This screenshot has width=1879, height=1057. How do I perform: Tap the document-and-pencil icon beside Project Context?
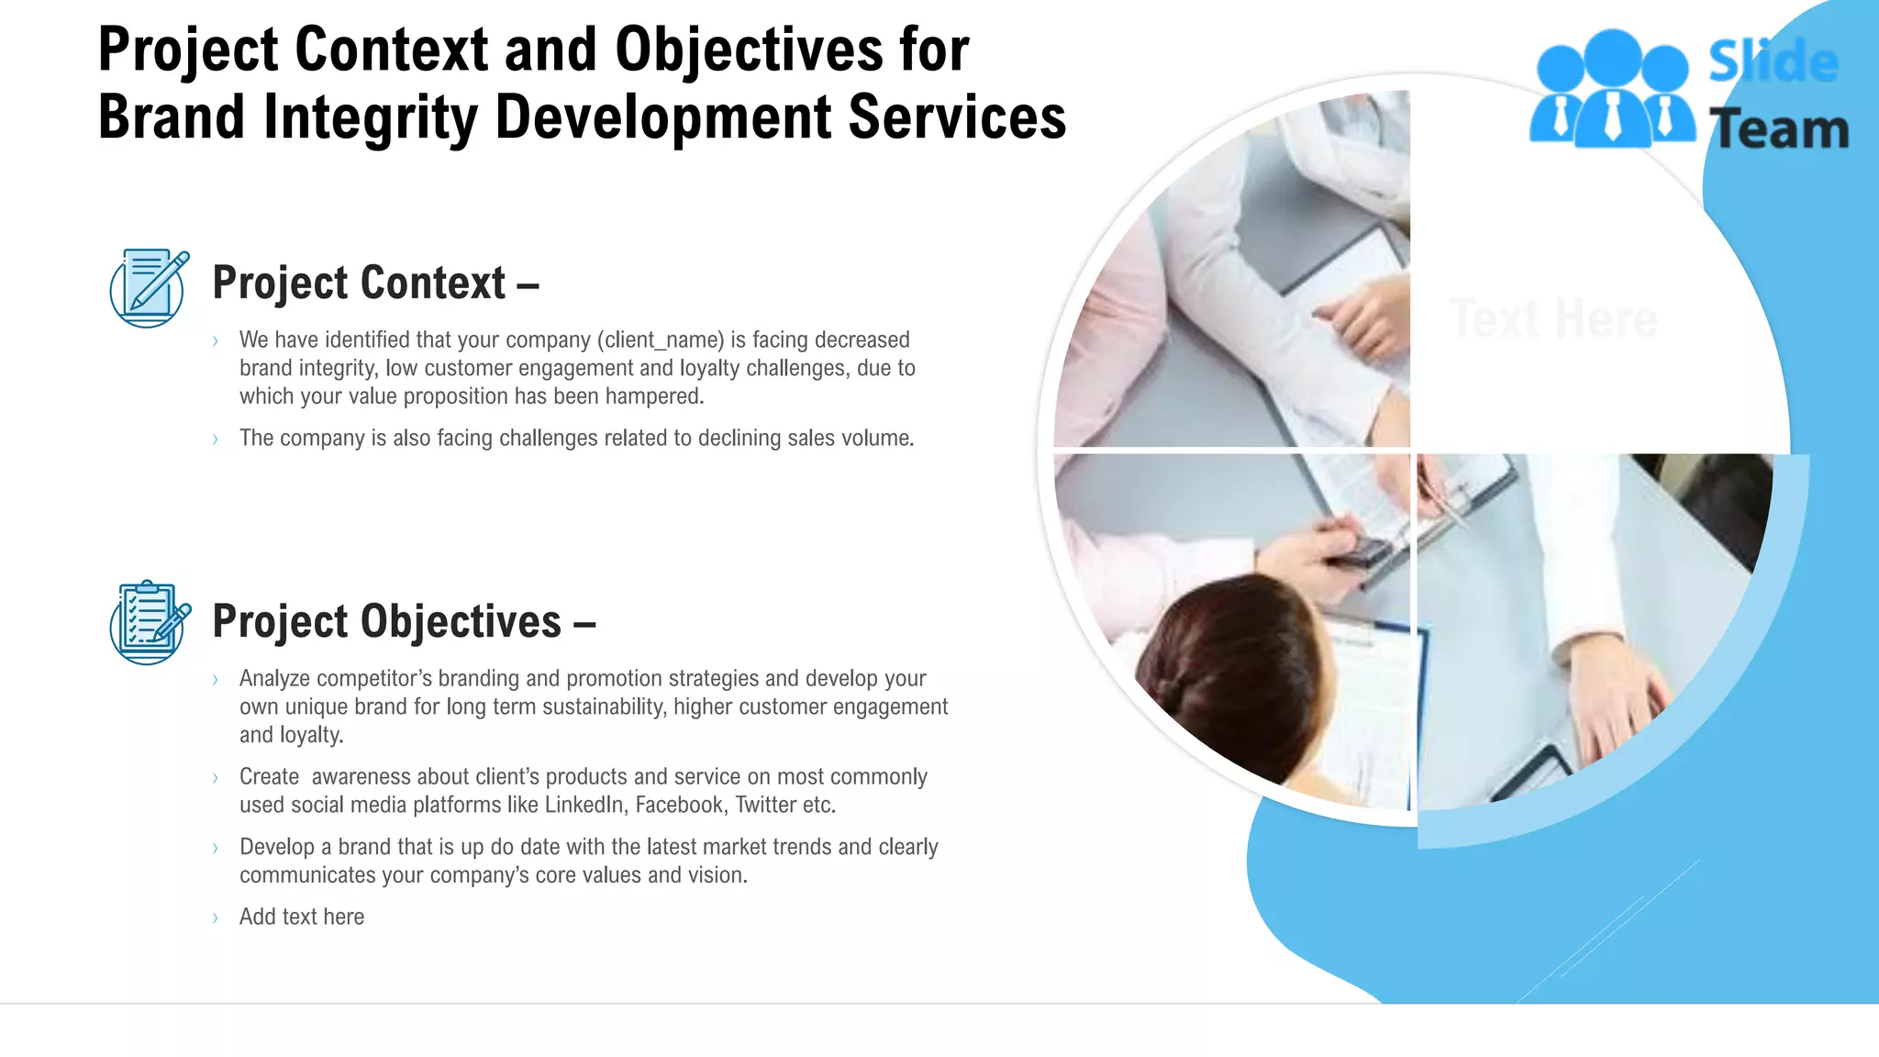coord(149,288)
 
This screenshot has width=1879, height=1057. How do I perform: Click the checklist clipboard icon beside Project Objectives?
coord(150,622)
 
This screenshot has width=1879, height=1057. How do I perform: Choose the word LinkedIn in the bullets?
coord(584,806)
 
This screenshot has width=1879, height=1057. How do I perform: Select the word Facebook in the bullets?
coord(679,806)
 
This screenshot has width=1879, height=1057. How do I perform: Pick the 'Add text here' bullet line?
coord(301,917)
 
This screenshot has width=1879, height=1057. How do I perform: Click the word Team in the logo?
coord(1780,129)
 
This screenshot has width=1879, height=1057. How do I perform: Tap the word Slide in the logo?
coord(1773,62)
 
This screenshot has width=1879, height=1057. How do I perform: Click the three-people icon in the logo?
coord(1612,90)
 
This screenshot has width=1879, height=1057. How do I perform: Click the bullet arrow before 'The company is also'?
coord(216,439)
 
